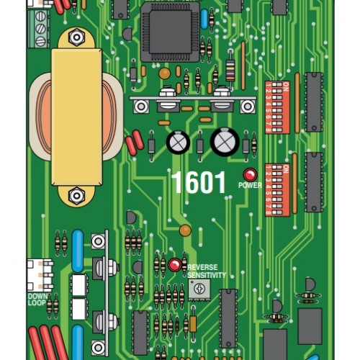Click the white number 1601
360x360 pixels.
tap(198, 183)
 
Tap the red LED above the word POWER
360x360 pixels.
tap(250, 174)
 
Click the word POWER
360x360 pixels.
tap(250, 186)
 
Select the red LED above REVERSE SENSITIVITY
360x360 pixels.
tap(174, 265)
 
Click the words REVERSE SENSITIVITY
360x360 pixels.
tap(207, 271)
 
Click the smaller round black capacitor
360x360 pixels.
tap(178, 142)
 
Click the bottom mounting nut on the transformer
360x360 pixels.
tap(76, 195)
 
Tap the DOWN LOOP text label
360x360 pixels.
tap(37, 300)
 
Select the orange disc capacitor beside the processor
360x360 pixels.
tap(165, 73)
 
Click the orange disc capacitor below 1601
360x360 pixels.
tap(185, 231)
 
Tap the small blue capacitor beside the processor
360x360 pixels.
tap(205, 19)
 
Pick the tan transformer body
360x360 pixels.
tap(76, 115)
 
